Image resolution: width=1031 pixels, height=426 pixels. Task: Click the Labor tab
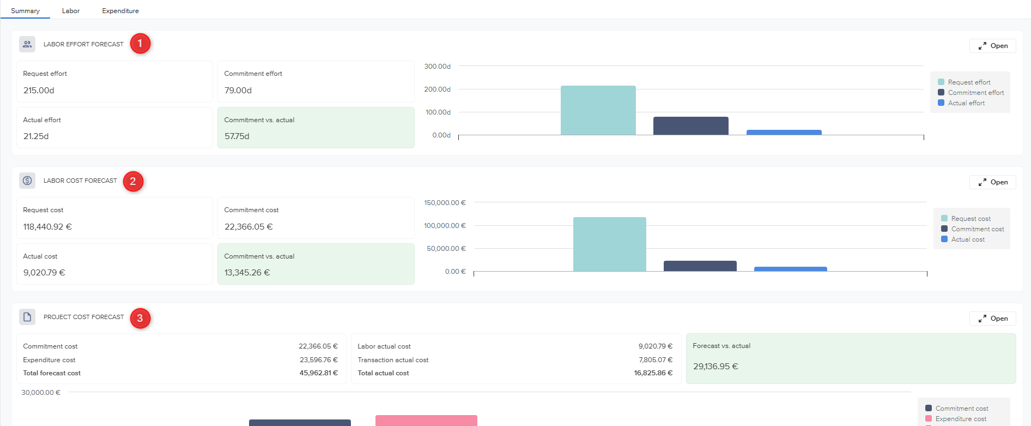(x=71, y=11)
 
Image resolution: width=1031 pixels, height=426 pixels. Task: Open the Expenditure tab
(x=120, y=11)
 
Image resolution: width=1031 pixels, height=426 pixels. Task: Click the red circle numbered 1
(x=140, y=44)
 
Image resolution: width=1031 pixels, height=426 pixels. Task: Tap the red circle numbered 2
(x=133, y=182)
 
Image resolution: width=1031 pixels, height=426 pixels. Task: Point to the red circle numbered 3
(x=140, y=318)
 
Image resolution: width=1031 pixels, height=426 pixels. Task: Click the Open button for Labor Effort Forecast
(x=993, y=46)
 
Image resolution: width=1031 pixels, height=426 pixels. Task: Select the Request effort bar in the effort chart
(x=598, y=110)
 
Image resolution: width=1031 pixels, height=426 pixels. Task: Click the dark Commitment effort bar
(x=690, y=126)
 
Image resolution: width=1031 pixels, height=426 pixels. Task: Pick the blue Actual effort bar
(x=784, y=133)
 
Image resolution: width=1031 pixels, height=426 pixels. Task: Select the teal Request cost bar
(x=609, y=244)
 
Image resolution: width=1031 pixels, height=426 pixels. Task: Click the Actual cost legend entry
(x=967, y=239)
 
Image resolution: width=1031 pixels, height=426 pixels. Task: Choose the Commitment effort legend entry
(x=975, y=93)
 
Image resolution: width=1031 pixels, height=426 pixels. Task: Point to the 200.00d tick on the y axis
(x=437, y=89)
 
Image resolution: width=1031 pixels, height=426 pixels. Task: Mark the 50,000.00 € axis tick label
(x=446, y=249)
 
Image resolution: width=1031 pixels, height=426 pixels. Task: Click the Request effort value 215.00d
(x=39, y=91)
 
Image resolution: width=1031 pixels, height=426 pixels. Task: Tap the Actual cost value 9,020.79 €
(x=44, y=273)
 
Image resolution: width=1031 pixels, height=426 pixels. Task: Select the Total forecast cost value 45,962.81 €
(x=318, y=373)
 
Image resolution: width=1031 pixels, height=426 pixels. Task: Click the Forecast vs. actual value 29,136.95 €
(x=715, y=367)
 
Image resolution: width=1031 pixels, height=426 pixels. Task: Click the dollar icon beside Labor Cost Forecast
(x=27, y=181)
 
